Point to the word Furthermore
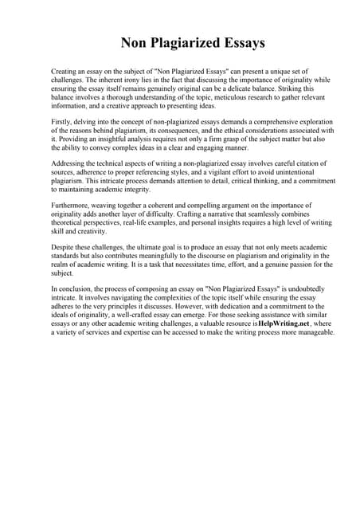72,204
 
